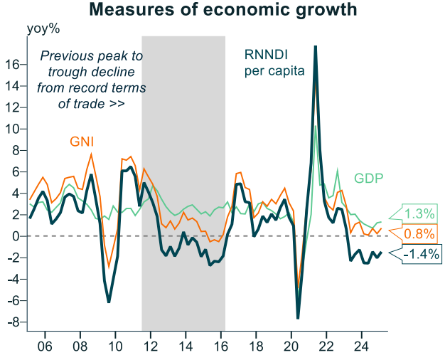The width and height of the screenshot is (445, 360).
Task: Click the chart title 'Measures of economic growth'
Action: point(222,10)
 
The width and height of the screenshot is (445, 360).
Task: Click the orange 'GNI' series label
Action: point(82,142)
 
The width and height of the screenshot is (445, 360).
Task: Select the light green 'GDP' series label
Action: point(369,178)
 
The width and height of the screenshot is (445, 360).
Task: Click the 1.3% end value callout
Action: point(418,213)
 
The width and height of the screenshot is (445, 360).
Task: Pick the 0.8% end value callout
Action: point(418,233)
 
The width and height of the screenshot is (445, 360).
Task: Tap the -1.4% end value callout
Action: point(421,253)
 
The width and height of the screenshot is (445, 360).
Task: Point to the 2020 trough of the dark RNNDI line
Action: point(299,317)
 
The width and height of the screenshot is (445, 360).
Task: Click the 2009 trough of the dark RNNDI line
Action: point(109,302)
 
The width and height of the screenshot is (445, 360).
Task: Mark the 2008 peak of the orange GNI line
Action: point(92,154)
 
